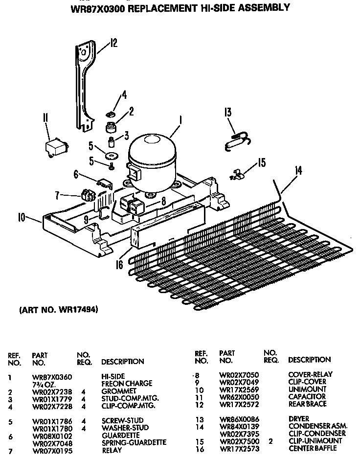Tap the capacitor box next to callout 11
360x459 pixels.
55,148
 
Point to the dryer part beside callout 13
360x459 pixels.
237,140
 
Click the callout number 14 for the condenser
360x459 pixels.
298,171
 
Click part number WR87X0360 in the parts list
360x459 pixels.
52,377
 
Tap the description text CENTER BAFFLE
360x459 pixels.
313,448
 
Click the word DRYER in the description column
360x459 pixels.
299,418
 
